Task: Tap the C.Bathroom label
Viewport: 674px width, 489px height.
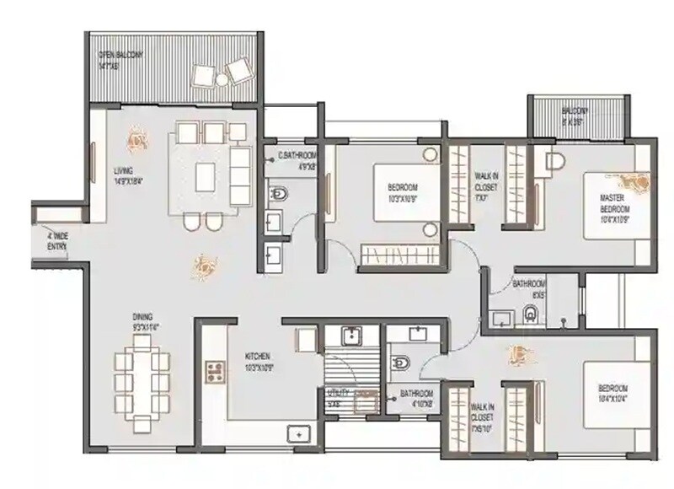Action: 297,160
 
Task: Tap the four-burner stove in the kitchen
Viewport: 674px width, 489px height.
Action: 214,369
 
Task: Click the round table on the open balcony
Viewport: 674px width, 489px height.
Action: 222,80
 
